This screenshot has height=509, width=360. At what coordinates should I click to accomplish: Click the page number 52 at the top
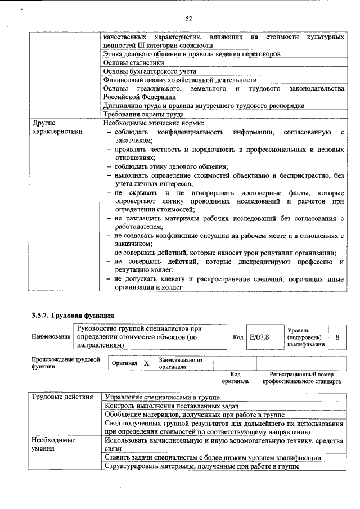click(189, 19)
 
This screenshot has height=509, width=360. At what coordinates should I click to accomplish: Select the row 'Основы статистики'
click(129, 63)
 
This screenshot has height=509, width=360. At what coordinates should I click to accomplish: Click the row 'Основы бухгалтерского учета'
click(150, 71)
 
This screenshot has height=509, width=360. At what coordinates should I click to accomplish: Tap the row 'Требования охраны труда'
click(144, 114)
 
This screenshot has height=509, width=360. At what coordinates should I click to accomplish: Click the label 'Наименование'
click(51, 337)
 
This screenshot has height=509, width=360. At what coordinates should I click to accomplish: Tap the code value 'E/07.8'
click(259, 337)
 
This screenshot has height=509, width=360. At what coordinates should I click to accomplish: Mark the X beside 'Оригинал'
click(146, 363)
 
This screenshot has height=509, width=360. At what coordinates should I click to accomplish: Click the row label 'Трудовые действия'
click(61, 397)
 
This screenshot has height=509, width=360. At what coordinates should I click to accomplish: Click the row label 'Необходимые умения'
click(54, 444)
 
